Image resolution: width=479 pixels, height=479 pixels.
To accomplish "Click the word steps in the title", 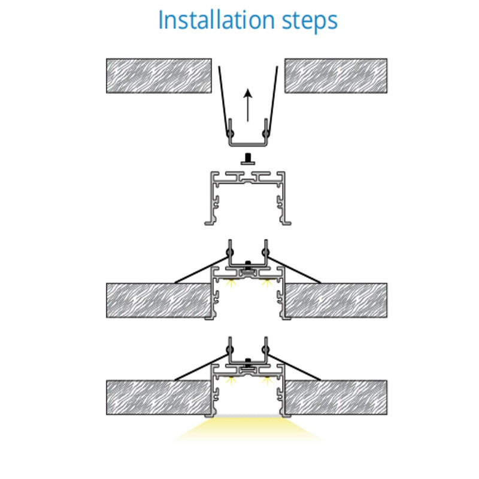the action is click(x=310, y=22).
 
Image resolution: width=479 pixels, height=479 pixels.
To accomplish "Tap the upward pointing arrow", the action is click(x=248, y=105).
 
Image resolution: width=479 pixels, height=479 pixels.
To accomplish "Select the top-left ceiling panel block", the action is click(x=159, y=76).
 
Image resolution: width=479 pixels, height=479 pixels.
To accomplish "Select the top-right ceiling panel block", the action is click(x=336, y=76).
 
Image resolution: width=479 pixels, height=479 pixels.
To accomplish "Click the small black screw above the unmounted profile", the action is click(x=248, y=159).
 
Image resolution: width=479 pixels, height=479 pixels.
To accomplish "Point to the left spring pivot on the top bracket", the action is click(x=230, y=133).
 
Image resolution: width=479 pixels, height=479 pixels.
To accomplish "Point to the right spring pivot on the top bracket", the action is click(x=265, y=133).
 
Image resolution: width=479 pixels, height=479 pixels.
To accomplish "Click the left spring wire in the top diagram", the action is click(x=224, y=101).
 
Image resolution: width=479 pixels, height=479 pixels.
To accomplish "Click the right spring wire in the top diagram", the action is click(x=272, y=101).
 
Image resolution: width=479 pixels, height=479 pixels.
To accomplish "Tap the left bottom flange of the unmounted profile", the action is click(x=210, y=223).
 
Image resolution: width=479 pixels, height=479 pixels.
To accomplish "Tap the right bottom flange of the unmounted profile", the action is click(x=286, y=223).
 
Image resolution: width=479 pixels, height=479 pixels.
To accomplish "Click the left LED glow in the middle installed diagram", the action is click(x=231, y=283).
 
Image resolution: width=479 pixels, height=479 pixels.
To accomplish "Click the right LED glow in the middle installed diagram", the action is click(x=266, y=283).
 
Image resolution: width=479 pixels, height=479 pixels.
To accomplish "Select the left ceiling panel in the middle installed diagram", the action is click(x=159, y=301).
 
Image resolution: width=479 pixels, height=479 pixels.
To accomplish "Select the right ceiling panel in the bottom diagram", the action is click(x=336, y=398).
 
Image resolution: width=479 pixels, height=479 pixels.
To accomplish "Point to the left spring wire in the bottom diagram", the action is click(x=202, y=367).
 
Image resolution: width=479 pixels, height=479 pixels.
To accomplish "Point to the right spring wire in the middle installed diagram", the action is click(x=294, y=270).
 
